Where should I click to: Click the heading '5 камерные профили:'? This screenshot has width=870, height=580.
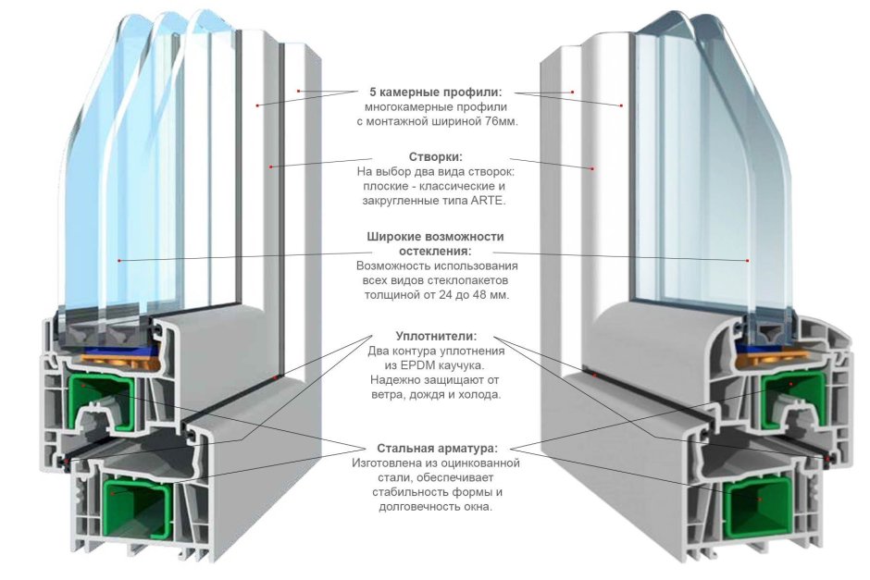[x=435, y=93]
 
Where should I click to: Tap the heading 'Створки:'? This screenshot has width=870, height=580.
[x=435, y=156]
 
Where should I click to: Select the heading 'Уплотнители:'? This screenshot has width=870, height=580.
[x=436, y=337]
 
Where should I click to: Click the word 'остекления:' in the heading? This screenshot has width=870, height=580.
[x=435, y=252]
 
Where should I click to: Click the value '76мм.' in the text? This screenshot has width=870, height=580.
[x=499, y=121]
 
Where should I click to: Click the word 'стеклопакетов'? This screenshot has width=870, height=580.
[x=473, y=280]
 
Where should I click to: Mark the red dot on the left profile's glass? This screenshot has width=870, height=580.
[x=119, y=261]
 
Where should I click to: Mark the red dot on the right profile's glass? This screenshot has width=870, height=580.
[x=747, y=261]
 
